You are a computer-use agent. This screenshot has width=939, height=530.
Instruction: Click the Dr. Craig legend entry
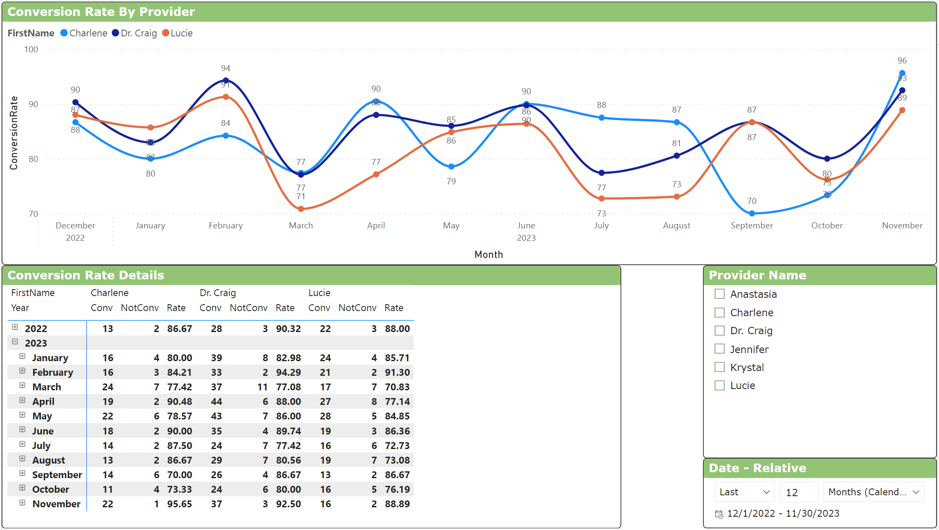pyautogui.click(x=134, y=33)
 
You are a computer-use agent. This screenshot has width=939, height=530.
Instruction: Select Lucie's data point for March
pyautogui.click(x=301, y=209)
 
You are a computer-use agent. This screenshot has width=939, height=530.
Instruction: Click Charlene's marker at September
pyautogui.click(x=752, y=213)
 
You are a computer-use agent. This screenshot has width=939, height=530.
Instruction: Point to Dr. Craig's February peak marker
pyautogui.click(x=226, y=81)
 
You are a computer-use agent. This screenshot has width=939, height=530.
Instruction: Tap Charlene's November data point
pyautogui.click(x=902, y=73)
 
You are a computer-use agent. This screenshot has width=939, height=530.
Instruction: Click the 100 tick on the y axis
pyautogui.click(x=31, y=49)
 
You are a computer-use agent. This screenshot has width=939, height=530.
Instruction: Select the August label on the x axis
pyautogui.click(x=676, y=225)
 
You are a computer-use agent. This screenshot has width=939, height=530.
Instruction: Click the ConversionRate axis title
pyautogui.click(x=14, y=132)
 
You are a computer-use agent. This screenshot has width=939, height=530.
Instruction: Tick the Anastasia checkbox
pyautogui.click(x=719, y=294)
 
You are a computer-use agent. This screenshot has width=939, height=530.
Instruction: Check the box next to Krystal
pyautogui.click(x=719, y=367)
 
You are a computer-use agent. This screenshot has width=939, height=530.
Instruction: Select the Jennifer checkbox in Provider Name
pyautogui.click(x=719, y=349)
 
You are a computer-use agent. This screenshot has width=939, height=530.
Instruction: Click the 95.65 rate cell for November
pyautogui.click(x=179, y=504)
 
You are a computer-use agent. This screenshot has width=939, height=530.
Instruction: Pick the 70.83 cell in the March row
pyautogui.click(x=397, y=387)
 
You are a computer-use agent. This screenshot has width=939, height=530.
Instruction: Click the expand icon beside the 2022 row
pyautogui.click(x=15, y=327)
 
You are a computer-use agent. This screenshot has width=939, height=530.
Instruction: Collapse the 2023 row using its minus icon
pyautogui.click(x=15, y=342)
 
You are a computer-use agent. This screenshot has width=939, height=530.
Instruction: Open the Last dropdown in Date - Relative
pyautogui.click(x=744, y=492)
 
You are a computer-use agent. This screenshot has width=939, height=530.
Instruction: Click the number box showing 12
pyautogui.click(x=798, y=492)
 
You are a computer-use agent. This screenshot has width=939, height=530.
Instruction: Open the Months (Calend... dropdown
pyautogui.click(x=874, y=492)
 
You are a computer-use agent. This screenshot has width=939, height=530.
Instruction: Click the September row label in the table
pyautogui.click(x=57, y=475)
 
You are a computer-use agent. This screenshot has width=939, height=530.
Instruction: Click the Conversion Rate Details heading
pyautogui.click(x=86, y=275)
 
